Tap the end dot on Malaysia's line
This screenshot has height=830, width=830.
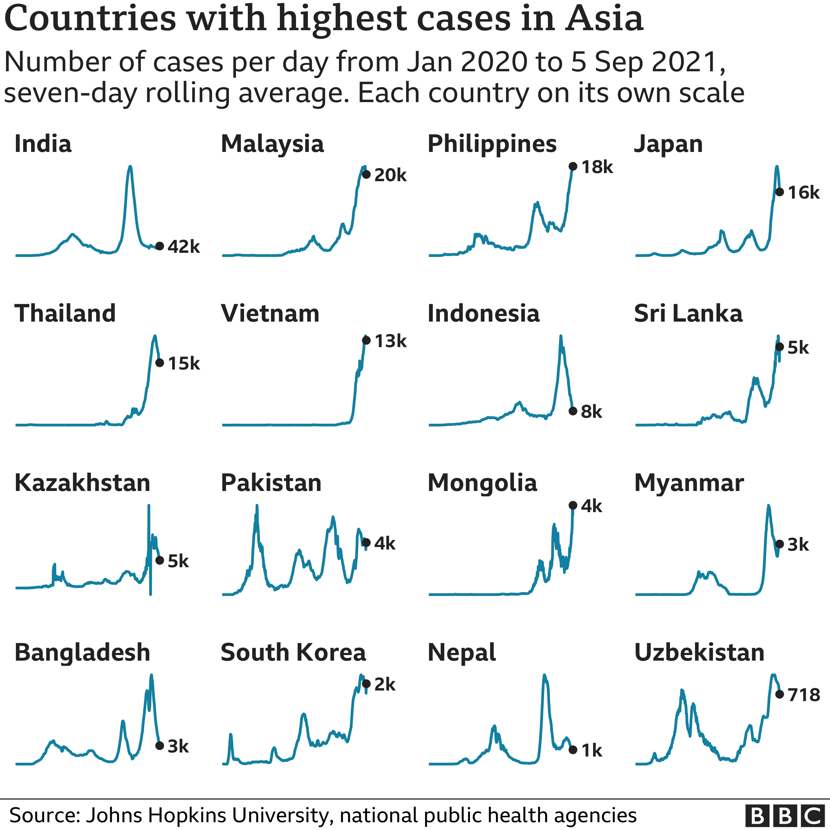[x=366, y=174]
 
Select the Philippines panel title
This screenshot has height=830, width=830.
[x=492, y=144]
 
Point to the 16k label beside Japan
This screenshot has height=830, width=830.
[x=803, y=192]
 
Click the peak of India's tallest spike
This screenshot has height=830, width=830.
[x=130, y=167]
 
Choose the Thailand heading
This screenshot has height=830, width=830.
[x=65, y=313]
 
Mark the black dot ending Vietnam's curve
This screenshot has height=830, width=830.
[x=366, y=340]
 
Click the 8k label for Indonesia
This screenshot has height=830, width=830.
[x=591, y=412]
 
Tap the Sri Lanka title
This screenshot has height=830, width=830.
[x=688, y=313]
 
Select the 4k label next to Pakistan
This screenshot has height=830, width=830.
[x=384, y=544]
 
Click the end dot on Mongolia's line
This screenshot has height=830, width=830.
[x=573, y=506]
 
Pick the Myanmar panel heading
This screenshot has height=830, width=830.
[x=689, y=483]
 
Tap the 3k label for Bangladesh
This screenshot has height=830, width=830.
[x=178, y=746]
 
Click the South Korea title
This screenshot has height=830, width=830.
[x=293, y=652]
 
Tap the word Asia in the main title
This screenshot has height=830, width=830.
[x=604, y=19]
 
